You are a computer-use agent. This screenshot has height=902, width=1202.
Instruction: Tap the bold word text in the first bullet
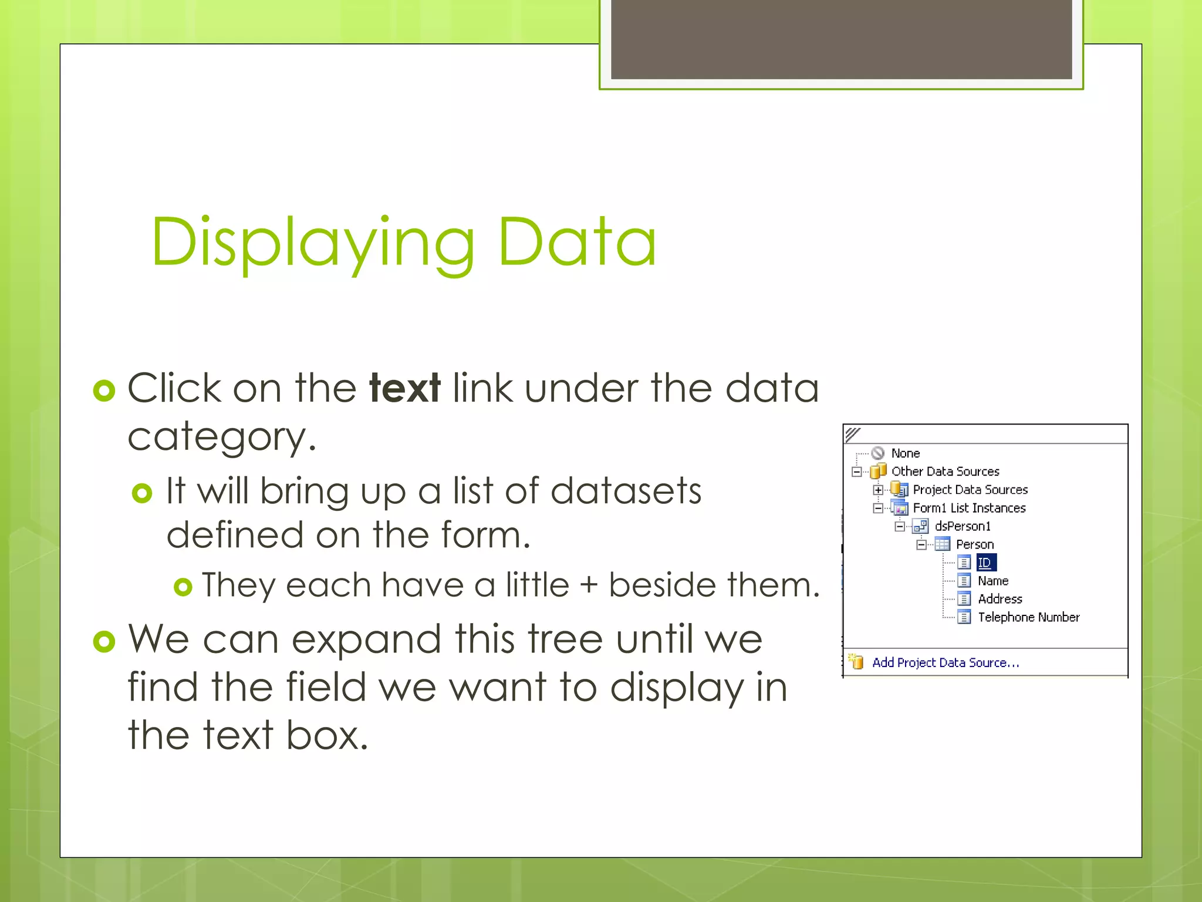tap(404, 388)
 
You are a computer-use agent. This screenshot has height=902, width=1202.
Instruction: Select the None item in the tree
tap(905, 453)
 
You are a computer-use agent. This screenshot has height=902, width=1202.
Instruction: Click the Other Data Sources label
tap(945, 472)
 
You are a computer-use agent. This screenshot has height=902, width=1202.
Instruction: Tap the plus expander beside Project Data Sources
tap(877, 490)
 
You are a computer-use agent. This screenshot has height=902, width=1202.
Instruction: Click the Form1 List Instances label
tap(968, 508)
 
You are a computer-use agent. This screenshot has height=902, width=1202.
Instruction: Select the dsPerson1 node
tap(962, 526)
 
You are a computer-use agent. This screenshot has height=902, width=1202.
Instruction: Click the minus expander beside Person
tap(921, 545)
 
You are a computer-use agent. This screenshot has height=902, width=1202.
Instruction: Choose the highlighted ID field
tap(985, 563)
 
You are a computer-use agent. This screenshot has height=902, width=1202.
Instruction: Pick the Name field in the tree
tap(992, 581)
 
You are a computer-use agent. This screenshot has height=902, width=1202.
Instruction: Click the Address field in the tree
tap(1000, 599)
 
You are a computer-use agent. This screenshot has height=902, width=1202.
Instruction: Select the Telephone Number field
tap(1028, 617)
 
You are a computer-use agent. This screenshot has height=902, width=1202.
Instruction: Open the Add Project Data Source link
tap(945, 663)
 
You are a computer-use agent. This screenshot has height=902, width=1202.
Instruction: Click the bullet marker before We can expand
tap(104, 641)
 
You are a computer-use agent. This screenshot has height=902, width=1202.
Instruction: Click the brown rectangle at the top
tap(841, 39)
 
